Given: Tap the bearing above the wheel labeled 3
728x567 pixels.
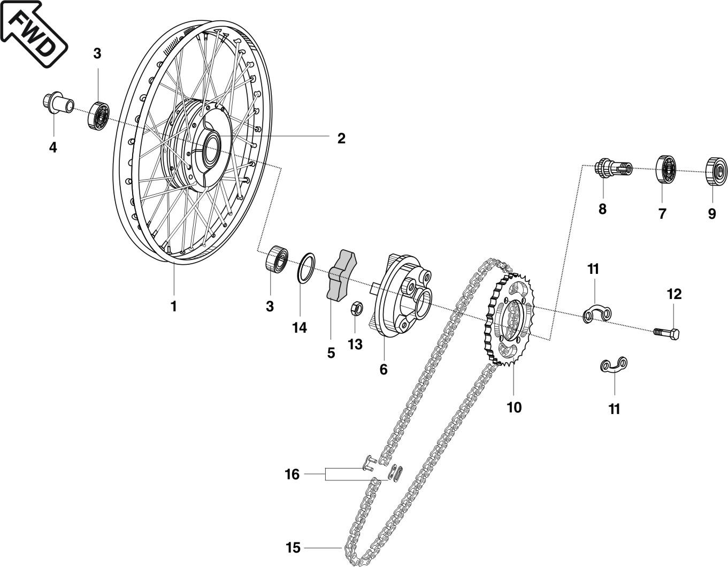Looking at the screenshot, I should click(99, 114).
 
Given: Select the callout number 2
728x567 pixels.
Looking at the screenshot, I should click(341, 139).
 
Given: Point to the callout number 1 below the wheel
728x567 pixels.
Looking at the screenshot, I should click(173, 307).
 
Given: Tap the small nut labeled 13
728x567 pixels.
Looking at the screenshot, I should click(357, 309).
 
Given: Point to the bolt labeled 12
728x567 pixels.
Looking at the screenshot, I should click(666, 333).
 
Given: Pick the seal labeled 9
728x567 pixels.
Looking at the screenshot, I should click(716, 172).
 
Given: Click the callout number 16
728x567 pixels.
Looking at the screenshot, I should click(292, 474).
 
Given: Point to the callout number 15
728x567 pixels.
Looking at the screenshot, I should click(293, 548).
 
